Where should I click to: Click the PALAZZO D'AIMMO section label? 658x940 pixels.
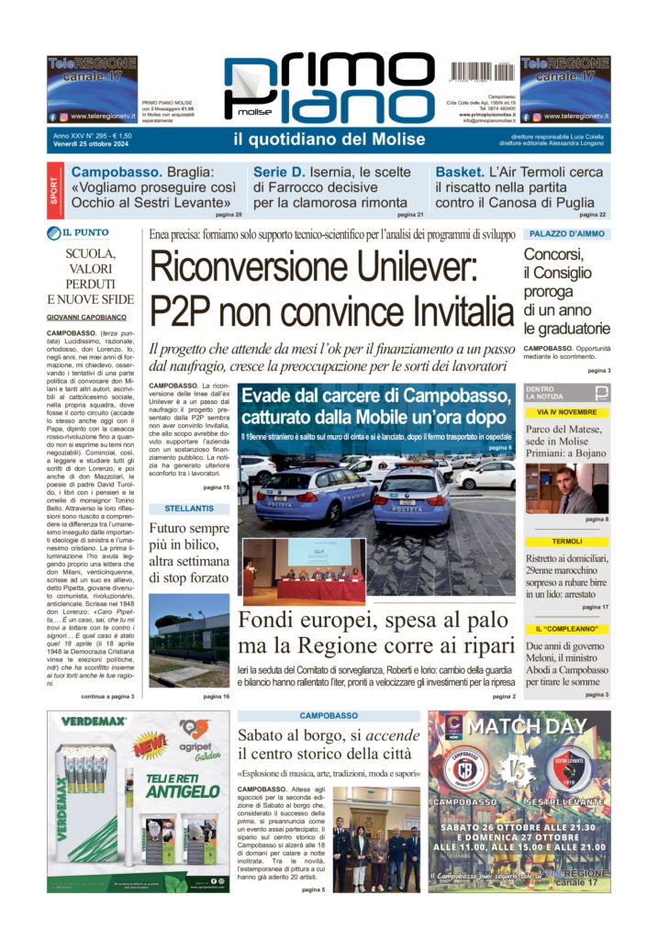click(x=565, y=234)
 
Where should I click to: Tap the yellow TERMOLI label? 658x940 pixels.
click(x=566, y=542)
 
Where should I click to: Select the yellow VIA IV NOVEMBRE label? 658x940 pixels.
click(x=566, y=412)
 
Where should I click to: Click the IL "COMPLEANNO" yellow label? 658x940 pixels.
click(x=566, y=628)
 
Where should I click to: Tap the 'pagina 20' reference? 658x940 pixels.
click(x=229, y=215)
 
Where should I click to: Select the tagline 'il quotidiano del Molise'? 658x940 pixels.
click(x=329, y=140)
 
